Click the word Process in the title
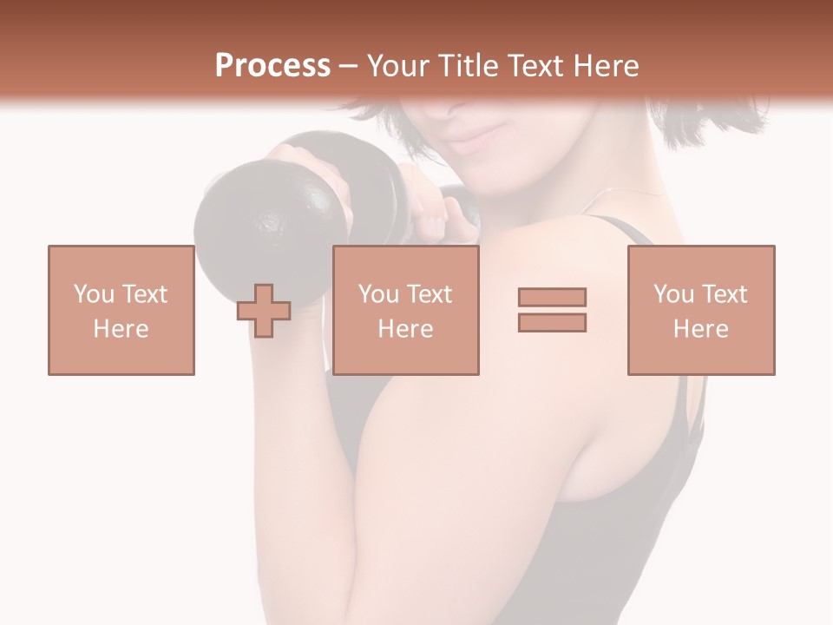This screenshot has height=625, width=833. tap(272, 66)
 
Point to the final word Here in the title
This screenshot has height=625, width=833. tap(605, 66)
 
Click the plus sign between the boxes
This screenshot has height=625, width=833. tap(264, 311)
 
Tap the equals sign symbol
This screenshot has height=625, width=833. tap(552, 310)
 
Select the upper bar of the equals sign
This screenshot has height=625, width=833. tap(552, 297)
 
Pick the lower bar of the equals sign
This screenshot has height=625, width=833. tap(552, 323)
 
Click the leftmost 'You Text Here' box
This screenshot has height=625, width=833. tap(121, 310)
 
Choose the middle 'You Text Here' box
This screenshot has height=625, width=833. tap(406, 310)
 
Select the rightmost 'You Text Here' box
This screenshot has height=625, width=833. tap(701, 310)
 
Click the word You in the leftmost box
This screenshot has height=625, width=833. tap(93, 294)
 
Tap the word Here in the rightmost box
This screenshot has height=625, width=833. tap(701, 329)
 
